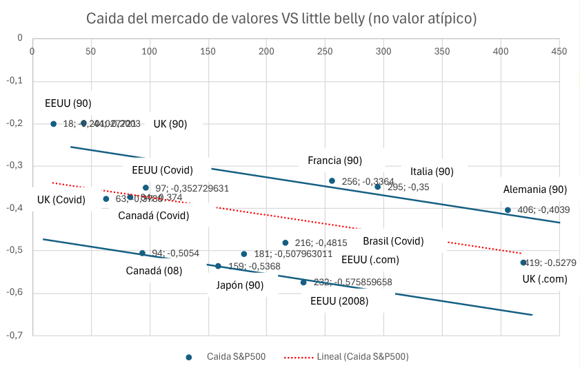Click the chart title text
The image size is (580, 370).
click(x=281, y=18)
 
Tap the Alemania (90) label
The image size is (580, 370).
click(x=535, y=189)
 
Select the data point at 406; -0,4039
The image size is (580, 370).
click(x=508, y=210)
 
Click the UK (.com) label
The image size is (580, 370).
click(x=544, y=279)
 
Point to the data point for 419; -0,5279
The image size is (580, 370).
click(x=523, y=263)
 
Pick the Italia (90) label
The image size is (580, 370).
click(x=432, y=172)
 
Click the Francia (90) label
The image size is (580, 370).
click(x=334, y=161)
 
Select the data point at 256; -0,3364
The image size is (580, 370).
click(x=332, y=181)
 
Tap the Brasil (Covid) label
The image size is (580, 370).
click(x=393, y=241)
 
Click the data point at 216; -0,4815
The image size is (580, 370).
click(x=285, y=243)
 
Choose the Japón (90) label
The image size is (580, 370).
click(x=239, y=285)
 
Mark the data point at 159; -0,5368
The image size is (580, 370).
click(x=218, y=266)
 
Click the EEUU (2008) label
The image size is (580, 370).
click(x=339, y=301)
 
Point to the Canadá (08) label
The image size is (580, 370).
click(x=154, y=271)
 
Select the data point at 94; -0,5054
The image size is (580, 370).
click(x=142, y=253)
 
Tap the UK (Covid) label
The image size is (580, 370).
click(x=61, y=201)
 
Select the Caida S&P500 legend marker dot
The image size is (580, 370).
click(x=188, y=357)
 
